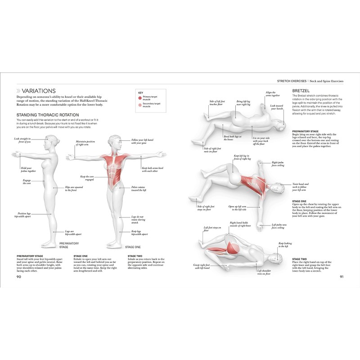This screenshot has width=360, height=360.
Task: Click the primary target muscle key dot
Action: click(140, 97)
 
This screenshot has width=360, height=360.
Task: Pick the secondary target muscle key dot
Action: click(140, 105)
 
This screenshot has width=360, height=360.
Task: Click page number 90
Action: click(19, 276)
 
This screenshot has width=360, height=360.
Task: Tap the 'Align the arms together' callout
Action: click(273, 94)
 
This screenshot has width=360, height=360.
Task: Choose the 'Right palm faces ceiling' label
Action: click(278, 164)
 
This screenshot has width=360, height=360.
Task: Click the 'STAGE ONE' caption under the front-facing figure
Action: click(133, 247)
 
